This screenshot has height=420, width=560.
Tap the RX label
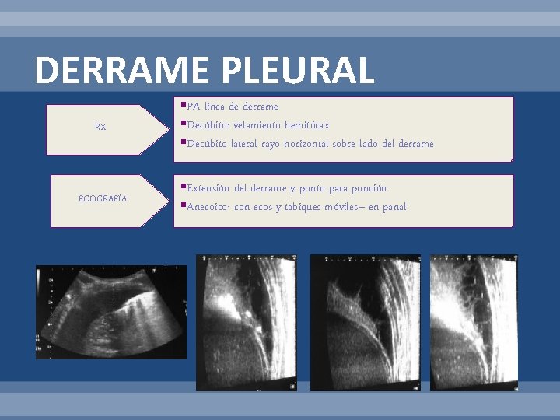point(100,127)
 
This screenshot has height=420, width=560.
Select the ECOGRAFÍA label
point(103,199)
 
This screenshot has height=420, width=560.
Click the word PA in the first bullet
point(194,107)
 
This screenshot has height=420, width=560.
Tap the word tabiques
point(303,207)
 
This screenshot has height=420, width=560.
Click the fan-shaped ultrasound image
point(111,312)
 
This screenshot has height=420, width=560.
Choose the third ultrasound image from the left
point(365,323)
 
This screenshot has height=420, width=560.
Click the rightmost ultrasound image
point(474,323)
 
